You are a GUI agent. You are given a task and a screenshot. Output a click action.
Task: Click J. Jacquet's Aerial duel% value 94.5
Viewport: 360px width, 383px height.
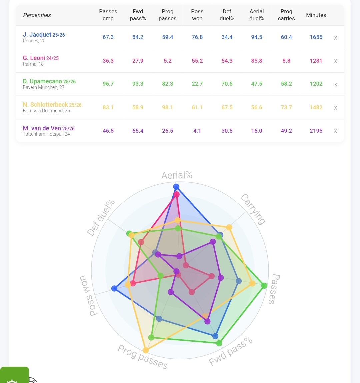pyautogui.click(x=257, y=37)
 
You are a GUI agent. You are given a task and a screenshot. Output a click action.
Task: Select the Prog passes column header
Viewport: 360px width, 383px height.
pyautogui.click(x=167, y=15)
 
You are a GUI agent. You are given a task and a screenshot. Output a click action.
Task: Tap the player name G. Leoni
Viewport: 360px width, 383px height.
pyautogui.click(x=34, y=58)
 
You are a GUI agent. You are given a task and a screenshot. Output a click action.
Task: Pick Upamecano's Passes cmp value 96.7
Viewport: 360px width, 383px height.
pyautogui.click(x=108, y=84)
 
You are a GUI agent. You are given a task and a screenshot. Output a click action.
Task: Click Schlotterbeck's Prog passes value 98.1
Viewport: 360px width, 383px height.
pyautogui.click(x=167, y=107)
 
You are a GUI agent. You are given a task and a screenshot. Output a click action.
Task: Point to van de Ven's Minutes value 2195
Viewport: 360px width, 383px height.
pyautogui.click(x=316, y=131)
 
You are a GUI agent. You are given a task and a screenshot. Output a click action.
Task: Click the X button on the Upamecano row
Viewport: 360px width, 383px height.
pyautogui.click(x=336, y=84)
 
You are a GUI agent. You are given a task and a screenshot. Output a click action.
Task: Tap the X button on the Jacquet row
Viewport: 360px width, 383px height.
pyautogui.click(x=336, y=38)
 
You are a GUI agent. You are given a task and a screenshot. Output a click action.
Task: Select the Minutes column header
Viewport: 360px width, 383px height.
pyautogui.click(x=316, y=15)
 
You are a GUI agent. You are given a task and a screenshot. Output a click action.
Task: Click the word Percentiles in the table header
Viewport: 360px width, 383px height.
pyautogui.click(x=37, y=15)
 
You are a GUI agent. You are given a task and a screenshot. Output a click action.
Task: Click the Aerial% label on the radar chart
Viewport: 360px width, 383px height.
pyautogui.click(x=177, y=175)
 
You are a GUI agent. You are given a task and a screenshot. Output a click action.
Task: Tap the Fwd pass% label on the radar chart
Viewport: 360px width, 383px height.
pyautogui.click(x=230, y=351)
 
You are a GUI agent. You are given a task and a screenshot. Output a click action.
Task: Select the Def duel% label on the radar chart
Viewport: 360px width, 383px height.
pyautogui.click(x=101, y=218)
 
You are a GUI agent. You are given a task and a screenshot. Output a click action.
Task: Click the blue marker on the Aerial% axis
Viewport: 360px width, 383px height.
pyautogui.click(x=176, y=187)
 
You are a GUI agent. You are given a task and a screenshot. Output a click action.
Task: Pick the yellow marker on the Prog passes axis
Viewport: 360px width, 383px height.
pyautogui.click(x=146, y=350)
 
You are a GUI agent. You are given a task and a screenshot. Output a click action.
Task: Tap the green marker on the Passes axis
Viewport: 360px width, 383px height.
pyautogui.click(x=264, y=286)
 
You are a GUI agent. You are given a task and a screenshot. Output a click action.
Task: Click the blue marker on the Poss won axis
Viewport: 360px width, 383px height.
pyautogui.click(x=114, y=288)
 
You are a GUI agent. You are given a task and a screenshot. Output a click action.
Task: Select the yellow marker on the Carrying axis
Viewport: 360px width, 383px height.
pyautogui.click(x=229, y=227)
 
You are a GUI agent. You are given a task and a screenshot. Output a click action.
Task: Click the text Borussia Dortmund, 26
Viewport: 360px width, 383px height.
pyautogui.click(x=46, y=111)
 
